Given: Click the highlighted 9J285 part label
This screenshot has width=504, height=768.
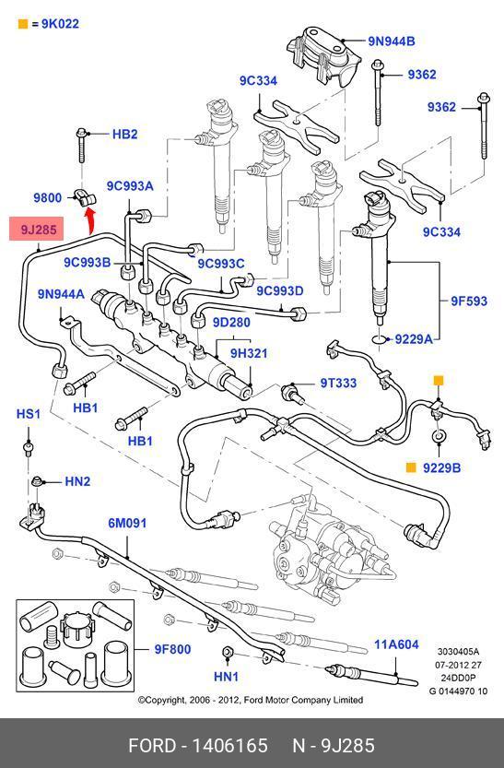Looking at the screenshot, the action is click(x=37, y=229).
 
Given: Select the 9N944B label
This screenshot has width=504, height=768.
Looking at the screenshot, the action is click(x=391, y=41).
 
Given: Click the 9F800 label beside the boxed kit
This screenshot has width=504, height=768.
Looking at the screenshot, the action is click(x=172, y=649).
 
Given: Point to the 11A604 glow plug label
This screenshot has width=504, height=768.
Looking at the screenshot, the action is click(x=396, y=644).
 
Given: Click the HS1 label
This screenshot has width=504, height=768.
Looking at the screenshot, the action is click(x=28, y=414).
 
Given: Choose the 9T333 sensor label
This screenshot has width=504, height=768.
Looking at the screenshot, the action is click(x=338, y=383).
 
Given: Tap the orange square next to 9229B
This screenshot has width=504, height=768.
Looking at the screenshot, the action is click(x=411, y=467).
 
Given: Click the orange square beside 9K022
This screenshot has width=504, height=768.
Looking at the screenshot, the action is click(x=22, y=24).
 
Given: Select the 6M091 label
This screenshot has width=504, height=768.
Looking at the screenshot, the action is click(x=127, y=523).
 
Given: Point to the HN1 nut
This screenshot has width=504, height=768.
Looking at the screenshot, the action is click(x=227, y=652).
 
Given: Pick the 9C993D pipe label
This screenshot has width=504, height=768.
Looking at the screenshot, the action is click(x=280, y=290).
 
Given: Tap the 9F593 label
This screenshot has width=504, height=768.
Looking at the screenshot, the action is click(x=469, y=301).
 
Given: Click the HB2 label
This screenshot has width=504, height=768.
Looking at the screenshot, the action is click(x=124, y=134).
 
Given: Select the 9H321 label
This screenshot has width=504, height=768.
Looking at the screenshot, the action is click(x=249, y=352).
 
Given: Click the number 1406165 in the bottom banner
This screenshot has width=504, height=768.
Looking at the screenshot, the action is click(x=229, y=746).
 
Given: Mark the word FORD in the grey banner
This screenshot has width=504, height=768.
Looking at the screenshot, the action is click(x=152, y=746).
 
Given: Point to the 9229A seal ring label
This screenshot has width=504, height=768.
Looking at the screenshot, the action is click(x=414, y=338).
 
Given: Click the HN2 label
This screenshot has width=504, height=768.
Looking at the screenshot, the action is click(x=77, y=481).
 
